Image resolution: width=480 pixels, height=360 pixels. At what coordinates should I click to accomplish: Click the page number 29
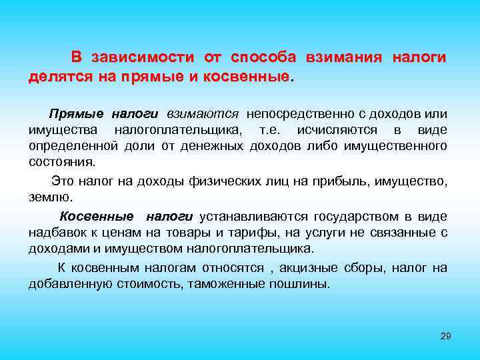[x=446, y=335]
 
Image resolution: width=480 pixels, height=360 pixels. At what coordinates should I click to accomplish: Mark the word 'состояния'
[x=61, y=161]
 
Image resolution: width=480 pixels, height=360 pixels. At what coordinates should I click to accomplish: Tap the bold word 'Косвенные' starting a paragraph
[x=97, y=217]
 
